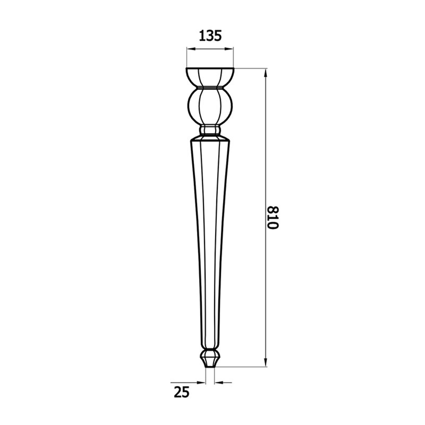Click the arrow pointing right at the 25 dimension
tap(202, 382)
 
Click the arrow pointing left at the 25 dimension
tap(218, 382)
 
